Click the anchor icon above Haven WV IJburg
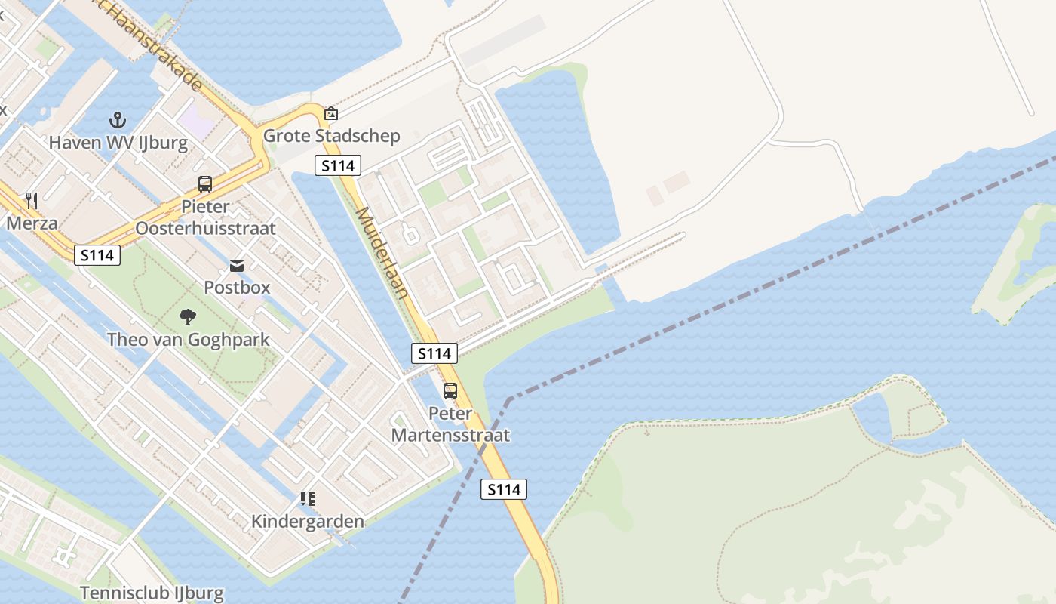117,119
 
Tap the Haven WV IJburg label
118,142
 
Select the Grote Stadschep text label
331,136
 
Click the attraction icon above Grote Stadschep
330,114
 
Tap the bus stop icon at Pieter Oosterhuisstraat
204,183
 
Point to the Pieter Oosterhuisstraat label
205,217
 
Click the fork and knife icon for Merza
31,200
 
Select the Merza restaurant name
32,223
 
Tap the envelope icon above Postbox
237,265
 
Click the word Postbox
237,288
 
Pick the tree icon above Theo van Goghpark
188,317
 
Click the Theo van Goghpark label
188,339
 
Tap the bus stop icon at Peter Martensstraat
450,390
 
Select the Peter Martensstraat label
450,424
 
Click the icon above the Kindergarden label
307,499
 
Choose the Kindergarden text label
307,521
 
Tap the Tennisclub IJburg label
152,592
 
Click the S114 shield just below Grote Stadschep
338,165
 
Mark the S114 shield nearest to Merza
97,255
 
